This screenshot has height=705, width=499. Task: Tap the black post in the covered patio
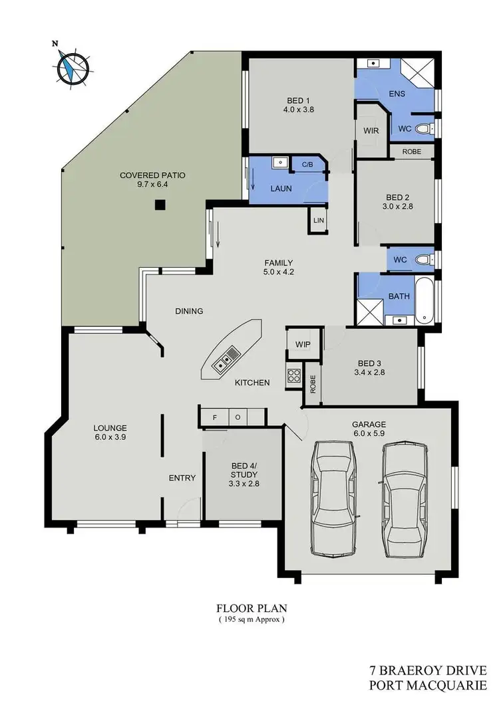point(160,205)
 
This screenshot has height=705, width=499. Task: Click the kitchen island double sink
point(223,361)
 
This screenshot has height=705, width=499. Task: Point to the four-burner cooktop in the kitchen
point(293,377)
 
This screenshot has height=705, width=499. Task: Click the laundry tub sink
point(279,161)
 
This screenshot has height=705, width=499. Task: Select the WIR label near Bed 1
point(371,131)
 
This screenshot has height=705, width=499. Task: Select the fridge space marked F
point(214,417)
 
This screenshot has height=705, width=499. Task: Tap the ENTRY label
point(182,478)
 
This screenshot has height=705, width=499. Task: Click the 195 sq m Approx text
point(251,619)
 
